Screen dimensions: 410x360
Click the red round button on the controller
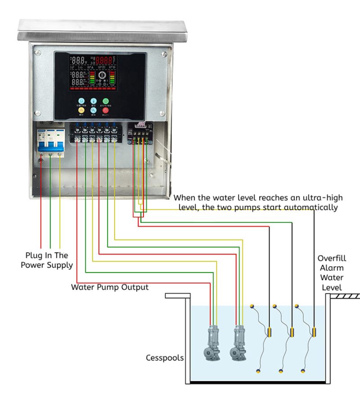tap(106, 110)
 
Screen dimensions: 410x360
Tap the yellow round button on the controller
tap(81, 110)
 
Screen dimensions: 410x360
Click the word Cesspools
tap(165, 358)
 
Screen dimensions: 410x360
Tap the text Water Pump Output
tap(110, 287)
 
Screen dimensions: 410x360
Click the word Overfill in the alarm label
tap(332, 259)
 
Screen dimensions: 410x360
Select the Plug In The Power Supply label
tap(47, 260)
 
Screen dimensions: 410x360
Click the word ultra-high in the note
tap(322, 198)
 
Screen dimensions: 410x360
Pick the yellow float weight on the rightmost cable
tap(314, 333)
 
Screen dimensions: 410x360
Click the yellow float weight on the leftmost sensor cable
tap(269, 333)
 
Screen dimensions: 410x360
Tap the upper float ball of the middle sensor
tap(275, 306)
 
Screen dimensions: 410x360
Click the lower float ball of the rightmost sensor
tap(303, 371)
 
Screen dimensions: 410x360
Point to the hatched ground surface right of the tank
tap(346, 296)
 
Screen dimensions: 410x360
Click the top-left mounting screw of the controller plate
tap(38, 53)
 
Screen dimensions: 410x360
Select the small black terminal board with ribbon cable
tap(140, 133)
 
